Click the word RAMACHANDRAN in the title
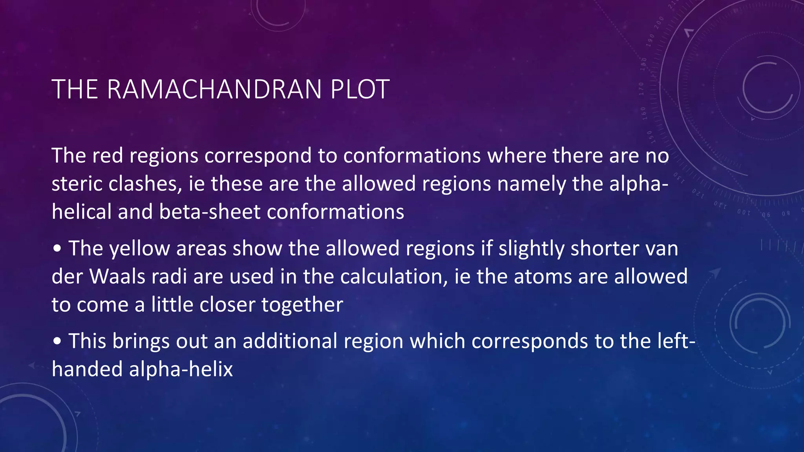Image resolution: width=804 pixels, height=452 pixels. [214, 89]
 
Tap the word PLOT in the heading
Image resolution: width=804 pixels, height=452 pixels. [360, 89]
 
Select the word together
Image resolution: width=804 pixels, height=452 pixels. [302, 305]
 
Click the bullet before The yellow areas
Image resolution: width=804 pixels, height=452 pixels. [57, 249]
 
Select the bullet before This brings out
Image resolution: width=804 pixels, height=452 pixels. [57, 341]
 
